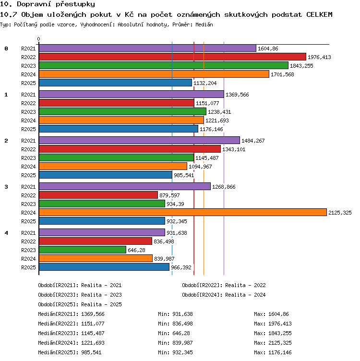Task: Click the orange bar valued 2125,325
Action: pos(183,212)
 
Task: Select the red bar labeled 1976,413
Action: pos(172,57)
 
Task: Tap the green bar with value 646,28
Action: pos(83,250)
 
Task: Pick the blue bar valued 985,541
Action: pos(106,175)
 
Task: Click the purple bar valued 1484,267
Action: pos(140,140)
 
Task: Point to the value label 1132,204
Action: pos(205,83)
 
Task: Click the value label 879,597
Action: pos(169,195)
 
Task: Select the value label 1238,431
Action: pos(219,112)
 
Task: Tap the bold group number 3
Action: pos(6,187)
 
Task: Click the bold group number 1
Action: pos(6,95)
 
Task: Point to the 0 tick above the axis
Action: pos(39,39)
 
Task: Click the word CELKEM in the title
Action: pos(319,14)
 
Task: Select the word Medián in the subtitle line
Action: pos(204,24)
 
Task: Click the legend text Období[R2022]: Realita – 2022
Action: pos(224,285)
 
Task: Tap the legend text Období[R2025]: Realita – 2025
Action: pos(80,304)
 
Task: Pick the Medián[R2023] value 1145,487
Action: pos(93,333)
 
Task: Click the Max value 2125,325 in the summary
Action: pos(280,343)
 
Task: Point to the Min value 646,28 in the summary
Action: pos(181,333)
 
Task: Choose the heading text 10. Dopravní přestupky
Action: pos(48,4)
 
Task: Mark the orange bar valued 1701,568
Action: pos(154,74)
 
